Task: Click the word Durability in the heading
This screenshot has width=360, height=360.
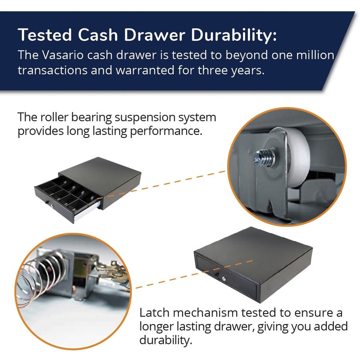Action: click(x=234, y=35)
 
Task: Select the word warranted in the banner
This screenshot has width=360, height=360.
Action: click(x=145, y=70)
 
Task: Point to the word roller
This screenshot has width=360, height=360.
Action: click(x=54, y=117)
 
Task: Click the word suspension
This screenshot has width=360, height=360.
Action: click(x=145, y=118)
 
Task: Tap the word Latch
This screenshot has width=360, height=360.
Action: click(x=154, y=313)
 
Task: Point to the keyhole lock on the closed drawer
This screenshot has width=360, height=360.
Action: click(x=224, y=279)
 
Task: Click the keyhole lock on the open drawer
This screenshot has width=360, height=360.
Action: click(x=52, y=206)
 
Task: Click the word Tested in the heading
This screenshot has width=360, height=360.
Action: click(x=45, y=35)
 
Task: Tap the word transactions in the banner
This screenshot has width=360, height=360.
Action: click(x=52, y=70)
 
